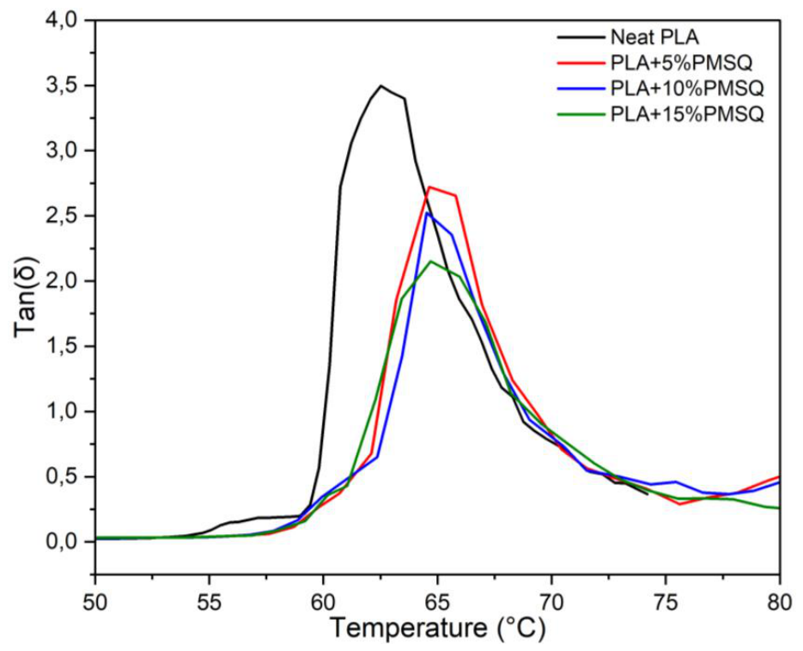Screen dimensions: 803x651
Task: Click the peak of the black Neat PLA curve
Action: pyautogui.click(x=380, y=86)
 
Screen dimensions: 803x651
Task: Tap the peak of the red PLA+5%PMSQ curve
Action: pyautogui.click(x=429, y=187)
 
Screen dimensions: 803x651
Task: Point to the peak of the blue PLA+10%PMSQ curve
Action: pyautogui.click(x=427, y=212)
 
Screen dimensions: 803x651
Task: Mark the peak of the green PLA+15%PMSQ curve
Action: pyautogui.click(x=430, y=261)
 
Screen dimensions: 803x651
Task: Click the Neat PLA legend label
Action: pyautogui.click(x=655, y=38)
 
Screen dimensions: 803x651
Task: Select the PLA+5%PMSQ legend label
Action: pyautogui.click(x=681, y=63)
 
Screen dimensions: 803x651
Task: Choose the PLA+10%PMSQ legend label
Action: pyautogui.click(x=687, y=89)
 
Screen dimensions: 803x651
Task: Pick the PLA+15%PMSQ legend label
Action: pyautogui.click(x=687, y=114)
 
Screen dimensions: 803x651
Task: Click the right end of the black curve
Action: pyautogui.click(x=648, y=494)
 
